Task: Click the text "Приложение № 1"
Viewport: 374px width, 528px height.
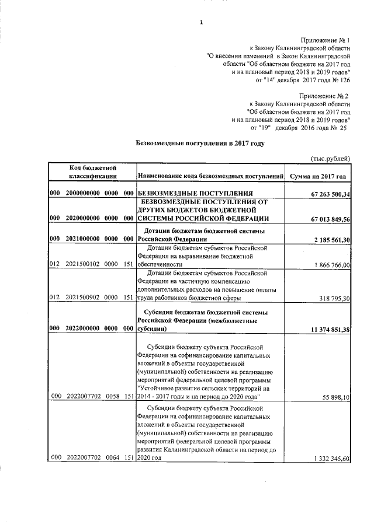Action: [x=325, y=36]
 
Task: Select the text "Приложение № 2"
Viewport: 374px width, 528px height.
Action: [x=324, y=95]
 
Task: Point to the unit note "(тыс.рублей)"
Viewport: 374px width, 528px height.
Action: [x=330, y=158]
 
